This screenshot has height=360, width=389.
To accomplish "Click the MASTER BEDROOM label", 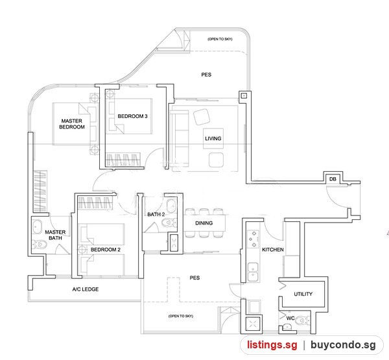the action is click(72, 124).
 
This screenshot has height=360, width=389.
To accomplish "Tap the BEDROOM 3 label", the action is click(132, 116).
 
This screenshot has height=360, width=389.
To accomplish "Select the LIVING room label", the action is click(213, 139).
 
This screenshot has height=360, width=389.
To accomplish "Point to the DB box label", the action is click(333, 179).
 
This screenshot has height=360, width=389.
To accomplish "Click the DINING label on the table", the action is click(204, 223).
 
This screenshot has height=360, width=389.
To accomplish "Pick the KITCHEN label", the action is click(273, 250).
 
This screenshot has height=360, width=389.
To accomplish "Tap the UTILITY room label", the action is click(303, 294).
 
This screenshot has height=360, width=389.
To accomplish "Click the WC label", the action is click(290, 318).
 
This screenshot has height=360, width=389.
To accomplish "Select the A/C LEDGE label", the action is click(86, 289).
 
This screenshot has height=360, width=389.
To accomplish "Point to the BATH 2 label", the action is click(156, 214).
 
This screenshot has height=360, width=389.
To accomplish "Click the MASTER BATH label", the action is click(55, 235).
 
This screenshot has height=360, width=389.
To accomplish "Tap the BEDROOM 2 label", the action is click(106, 250).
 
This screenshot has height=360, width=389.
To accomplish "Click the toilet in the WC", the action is click(302, 320).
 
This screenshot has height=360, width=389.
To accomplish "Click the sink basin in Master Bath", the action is click(38, 227).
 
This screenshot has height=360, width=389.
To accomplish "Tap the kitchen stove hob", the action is click(253, 239).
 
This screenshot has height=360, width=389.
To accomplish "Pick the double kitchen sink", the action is click(253, 272).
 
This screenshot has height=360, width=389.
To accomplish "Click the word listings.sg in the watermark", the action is click(272, 344).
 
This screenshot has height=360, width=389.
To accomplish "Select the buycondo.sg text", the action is click(343, 344).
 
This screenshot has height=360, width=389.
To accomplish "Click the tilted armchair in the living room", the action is click(202, 117).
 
